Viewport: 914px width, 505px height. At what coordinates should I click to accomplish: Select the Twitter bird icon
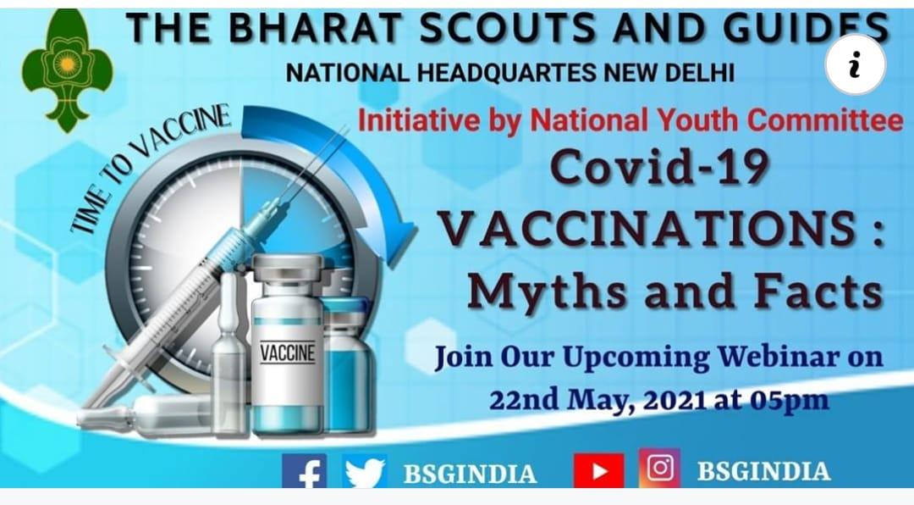(365, 472)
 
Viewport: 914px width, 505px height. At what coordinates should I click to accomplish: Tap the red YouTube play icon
(598, 472)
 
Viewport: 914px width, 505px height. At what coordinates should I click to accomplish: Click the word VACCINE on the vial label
(287, 352)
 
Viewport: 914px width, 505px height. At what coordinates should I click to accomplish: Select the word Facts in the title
(818, 291)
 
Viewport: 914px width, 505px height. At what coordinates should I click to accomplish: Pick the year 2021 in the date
(677, 399)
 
